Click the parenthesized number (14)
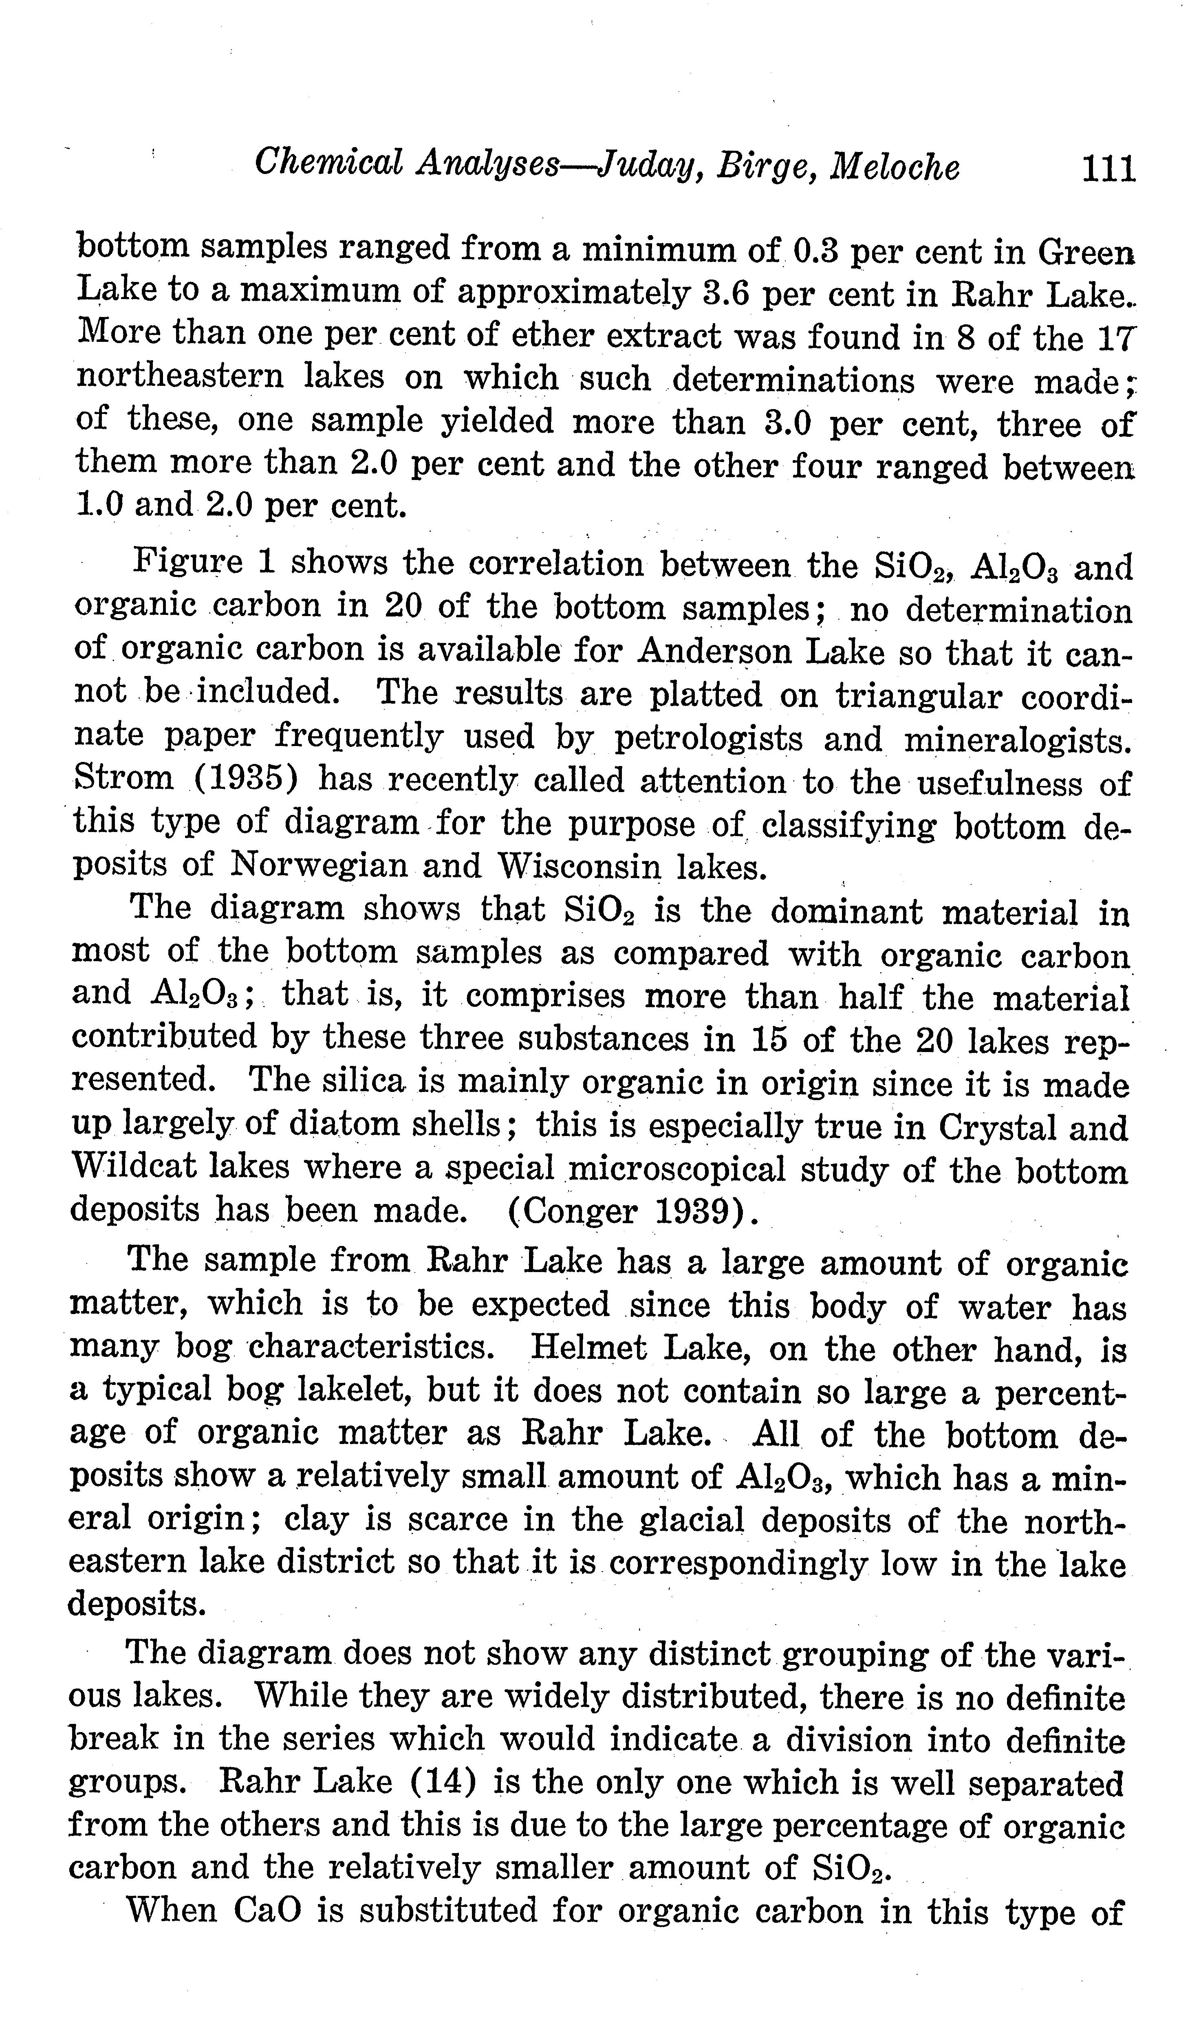[443, 1782]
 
